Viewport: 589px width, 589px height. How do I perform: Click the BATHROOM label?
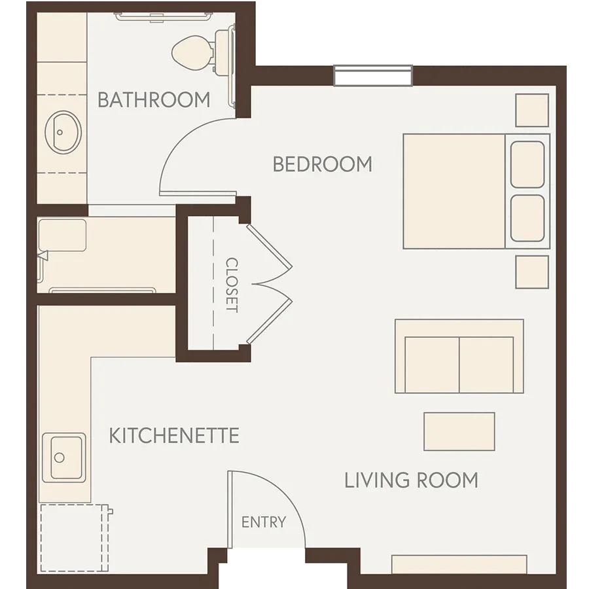[x=154, y=99]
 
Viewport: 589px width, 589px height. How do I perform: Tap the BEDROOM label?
[x=322, y=164]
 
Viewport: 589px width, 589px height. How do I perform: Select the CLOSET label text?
[x=232, y=285]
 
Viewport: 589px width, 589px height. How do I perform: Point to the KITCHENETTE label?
[x=174, y=435]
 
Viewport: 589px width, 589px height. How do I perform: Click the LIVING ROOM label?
[x=412, y=480]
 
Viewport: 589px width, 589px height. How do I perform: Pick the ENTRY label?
[x=264, y=522]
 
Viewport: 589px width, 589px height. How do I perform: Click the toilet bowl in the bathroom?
[x=192, y=52]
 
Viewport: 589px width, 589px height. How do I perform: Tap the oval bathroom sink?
[x=63, y=132]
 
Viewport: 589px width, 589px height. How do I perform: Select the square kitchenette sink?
[x=64, y=457]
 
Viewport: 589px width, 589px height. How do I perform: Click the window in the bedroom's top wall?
[x=373, y=76]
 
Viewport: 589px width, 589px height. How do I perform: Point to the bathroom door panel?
[x=198, y=194]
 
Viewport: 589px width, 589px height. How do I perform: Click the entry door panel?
[x=230, y=509]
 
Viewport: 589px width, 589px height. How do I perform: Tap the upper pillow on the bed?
[x=527, y=164]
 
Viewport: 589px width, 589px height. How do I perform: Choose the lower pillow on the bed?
[x=527, y=218]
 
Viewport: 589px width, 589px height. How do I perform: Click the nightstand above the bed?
[x=532, y=110]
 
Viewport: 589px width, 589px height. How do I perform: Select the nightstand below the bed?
[x=532, y=272]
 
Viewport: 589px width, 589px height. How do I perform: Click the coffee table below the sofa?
[x=459, y=431]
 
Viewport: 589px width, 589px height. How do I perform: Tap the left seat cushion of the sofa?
[x=432, y=365]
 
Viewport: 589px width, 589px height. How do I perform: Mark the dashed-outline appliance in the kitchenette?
[x=75, y=537]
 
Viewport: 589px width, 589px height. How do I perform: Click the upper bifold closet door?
[x=269, y=245]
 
